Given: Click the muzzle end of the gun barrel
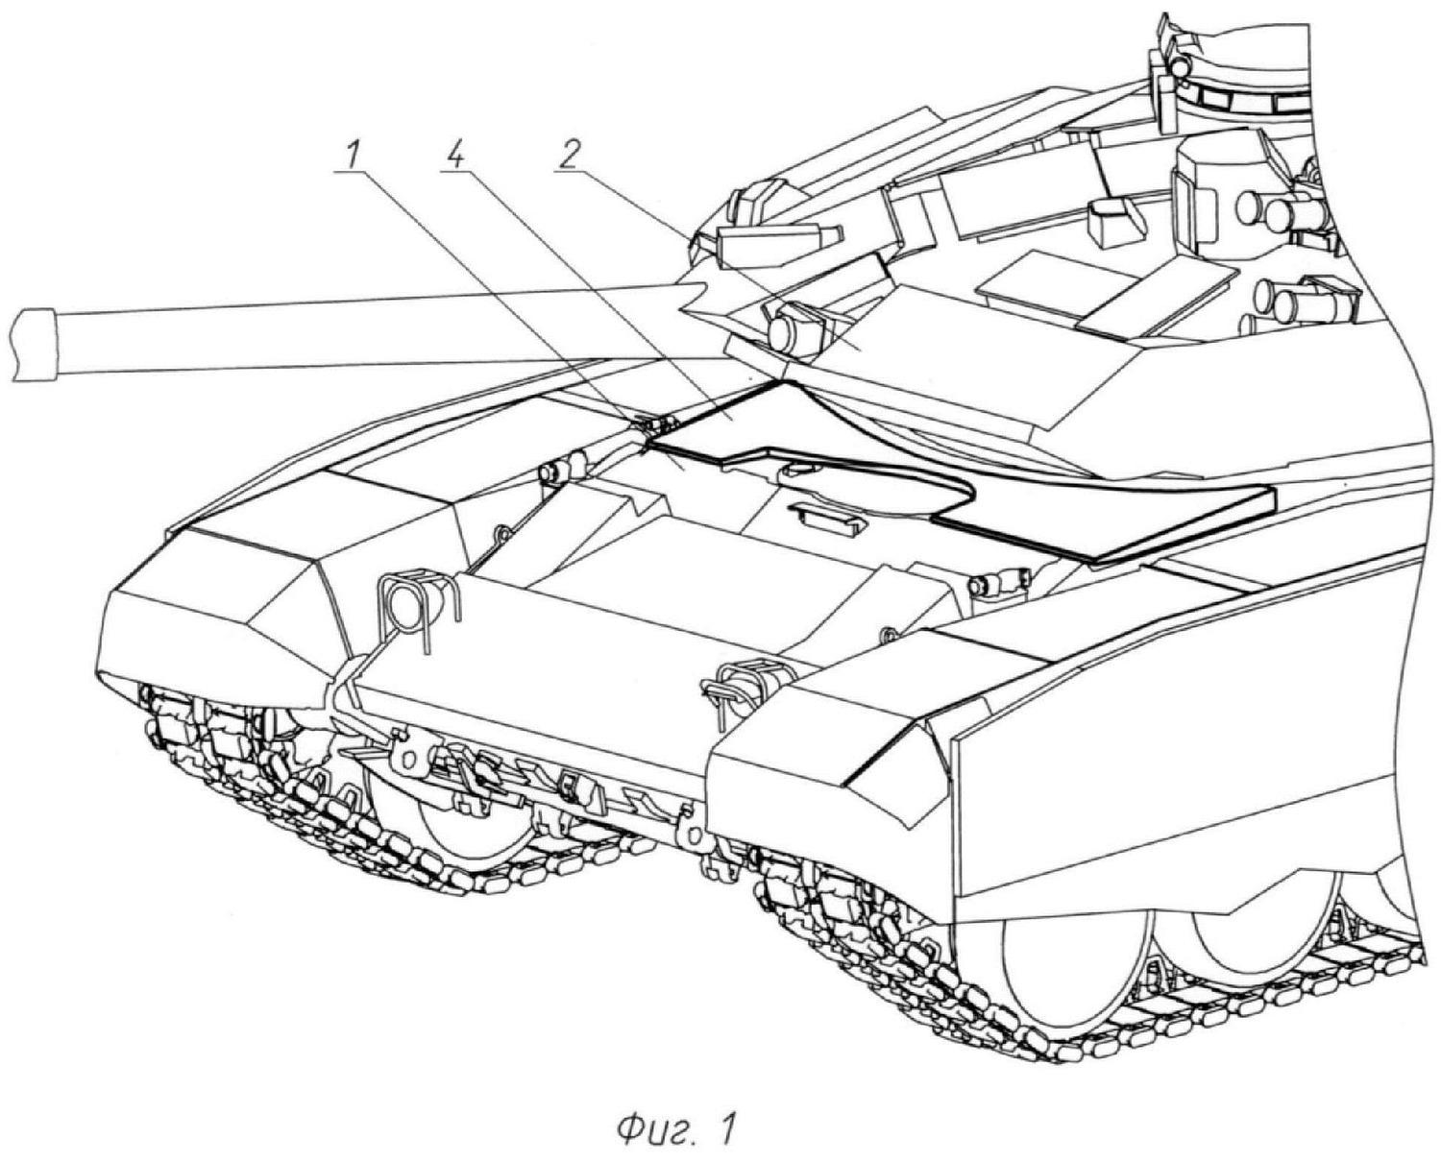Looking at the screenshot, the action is click(x=34, y=345).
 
